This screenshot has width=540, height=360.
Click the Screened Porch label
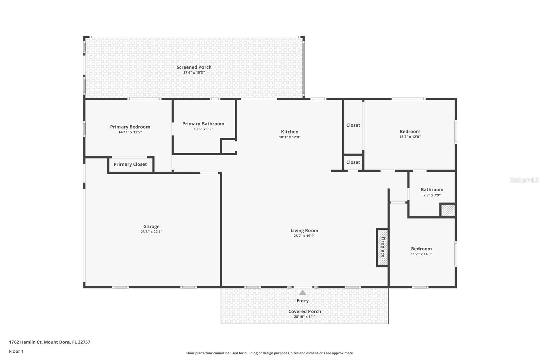click(194, 67)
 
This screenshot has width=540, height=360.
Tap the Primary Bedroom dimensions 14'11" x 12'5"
click(130, 132)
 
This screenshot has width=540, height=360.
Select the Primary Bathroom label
click(203, 124)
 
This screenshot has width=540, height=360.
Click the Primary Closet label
click(130, 164)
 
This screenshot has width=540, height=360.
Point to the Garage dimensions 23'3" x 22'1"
click(151, 232)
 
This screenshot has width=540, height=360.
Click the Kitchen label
click(290, 132)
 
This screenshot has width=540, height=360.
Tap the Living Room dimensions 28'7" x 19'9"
click(304, 236)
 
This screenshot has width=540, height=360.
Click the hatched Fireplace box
click(382, 248)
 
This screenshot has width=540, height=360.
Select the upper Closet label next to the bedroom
click(353, 125)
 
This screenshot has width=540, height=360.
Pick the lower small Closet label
click(353, 162)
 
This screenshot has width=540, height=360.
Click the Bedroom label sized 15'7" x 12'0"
click(410, 131)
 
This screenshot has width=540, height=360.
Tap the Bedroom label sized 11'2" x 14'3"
click(421, 249)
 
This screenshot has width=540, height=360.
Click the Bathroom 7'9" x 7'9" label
click(432, 190)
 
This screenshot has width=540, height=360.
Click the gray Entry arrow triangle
click(303, 293)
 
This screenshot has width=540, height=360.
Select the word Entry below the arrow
click(303, 301)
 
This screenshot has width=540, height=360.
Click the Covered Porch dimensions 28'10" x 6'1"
click(304, 317)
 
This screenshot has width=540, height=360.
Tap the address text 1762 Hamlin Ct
click(26, 342)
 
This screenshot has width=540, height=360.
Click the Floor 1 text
click(16, 351)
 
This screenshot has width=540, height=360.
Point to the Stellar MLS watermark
click(524, 180)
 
